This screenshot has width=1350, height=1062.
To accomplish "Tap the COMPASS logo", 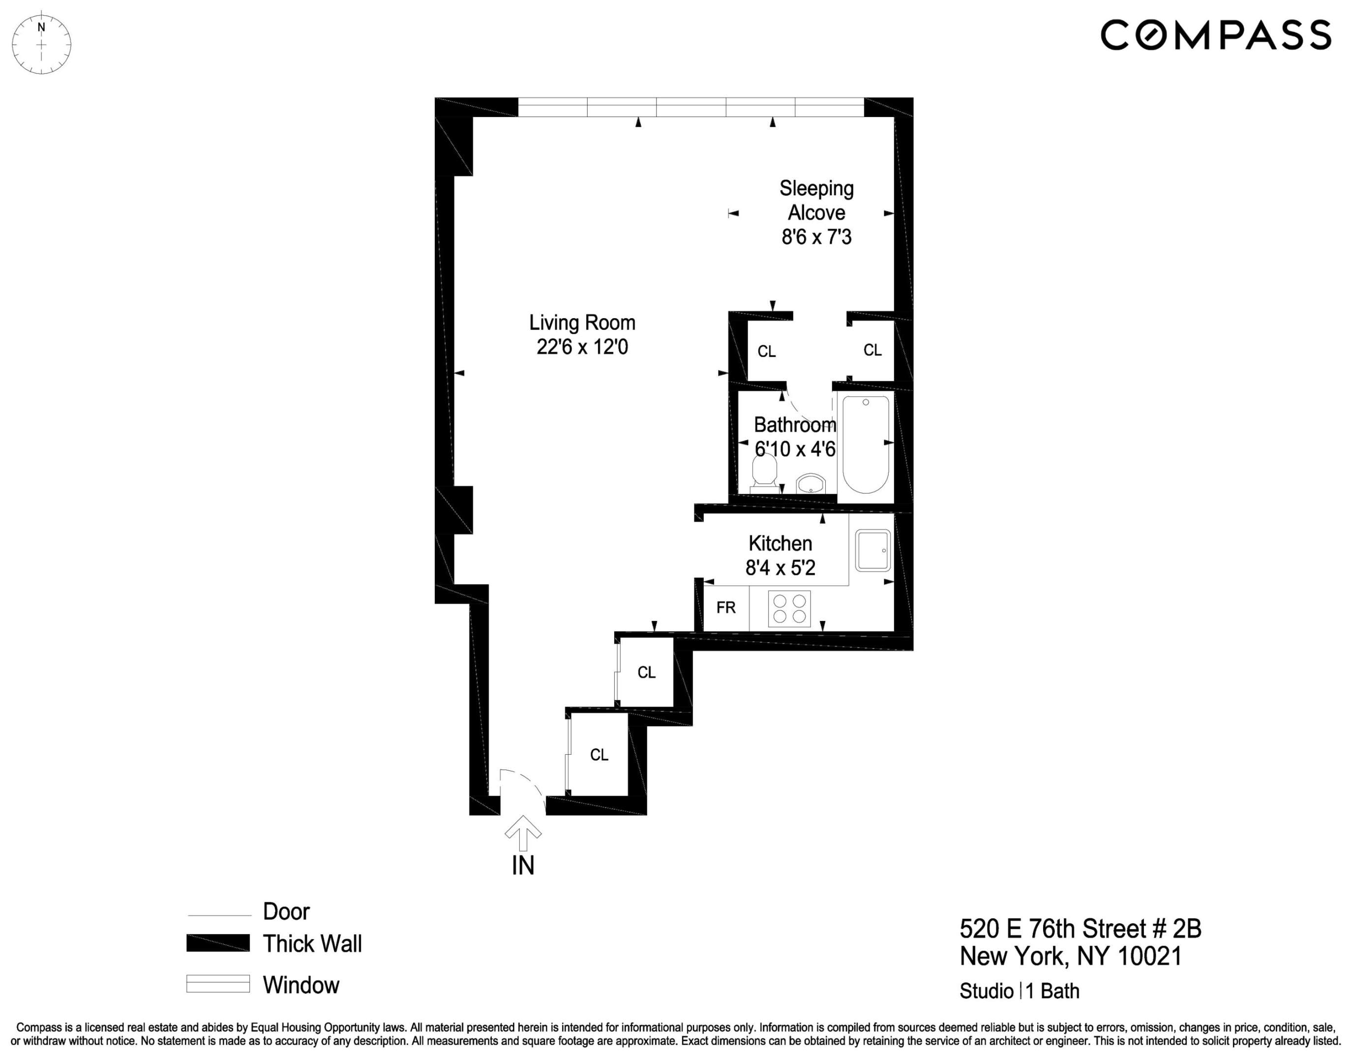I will click(1215, 35).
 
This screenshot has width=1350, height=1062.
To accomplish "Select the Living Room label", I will click(582, 323).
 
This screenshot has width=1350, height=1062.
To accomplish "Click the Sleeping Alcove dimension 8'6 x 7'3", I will click(816, 237).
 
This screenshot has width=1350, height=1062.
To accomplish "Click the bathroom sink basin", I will click(811, 483).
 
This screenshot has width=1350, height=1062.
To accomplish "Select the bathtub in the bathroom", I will click(865, 443).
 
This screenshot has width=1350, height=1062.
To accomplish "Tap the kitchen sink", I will click(872, 550).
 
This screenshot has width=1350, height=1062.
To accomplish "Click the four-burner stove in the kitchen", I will click(790, 609).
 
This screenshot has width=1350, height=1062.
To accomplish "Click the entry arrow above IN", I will click(523, 832).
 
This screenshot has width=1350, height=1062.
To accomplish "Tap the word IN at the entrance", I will click(523, 865).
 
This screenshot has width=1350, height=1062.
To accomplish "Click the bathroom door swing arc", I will click(805, 411).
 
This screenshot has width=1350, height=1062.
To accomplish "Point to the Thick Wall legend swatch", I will click(218, 943).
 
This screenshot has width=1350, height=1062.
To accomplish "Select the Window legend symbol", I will click(218, 984).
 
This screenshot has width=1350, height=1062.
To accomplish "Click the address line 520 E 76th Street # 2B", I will click(1080, 929).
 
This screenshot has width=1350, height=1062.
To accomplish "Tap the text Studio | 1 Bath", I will click(1019, 991).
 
